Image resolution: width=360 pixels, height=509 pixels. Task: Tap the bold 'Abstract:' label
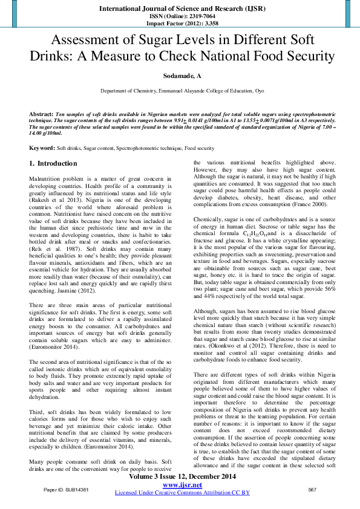pos(41,114)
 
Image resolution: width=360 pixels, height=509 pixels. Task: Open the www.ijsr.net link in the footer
pos(182,485)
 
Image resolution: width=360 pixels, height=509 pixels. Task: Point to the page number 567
pos(312,489)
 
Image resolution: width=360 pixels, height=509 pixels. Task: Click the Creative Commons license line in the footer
pos(182,493)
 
